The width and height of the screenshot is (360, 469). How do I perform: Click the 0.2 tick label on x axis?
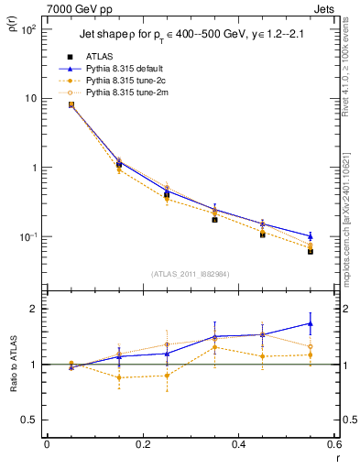142,445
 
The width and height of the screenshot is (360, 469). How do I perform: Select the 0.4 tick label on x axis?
238,445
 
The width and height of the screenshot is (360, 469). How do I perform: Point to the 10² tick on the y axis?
29,29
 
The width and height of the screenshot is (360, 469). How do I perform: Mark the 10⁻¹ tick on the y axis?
29,237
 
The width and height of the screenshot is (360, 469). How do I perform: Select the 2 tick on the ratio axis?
35,309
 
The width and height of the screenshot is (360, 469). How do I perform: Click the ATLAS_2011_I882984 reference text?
191,274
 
